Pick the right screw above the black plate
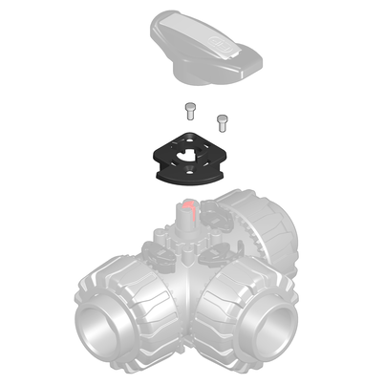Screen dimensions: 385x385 (x=224, y=120)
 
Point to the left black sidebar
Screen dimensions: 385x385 (x=34, y=191)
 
